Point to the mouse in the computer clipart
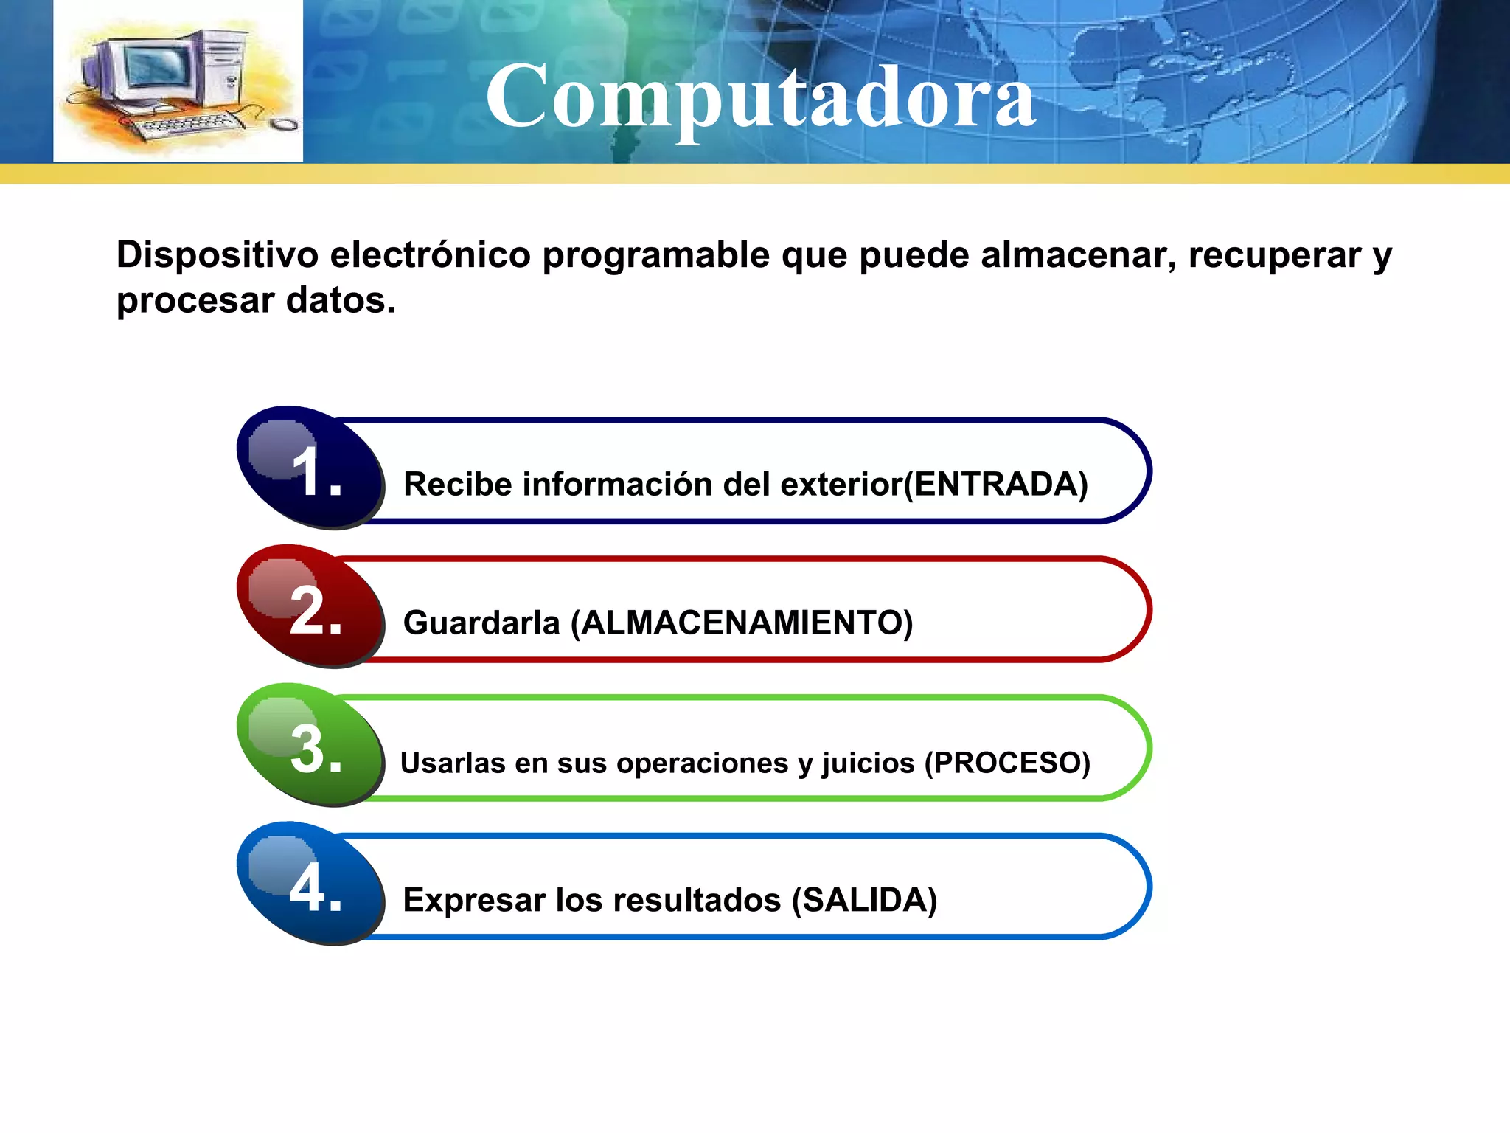[x=284, y=124]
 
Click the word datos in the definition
[x=341, y=300]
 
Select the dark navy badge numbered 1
[x=310, y=468]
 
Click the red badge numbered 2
[x=310, y=606]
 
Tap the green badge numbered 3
[x=310, y=745]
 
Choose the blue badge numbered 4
[x=310, y=884]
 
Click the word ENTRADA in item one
[x=996, y=485]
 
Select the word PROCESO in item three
[x=1007, y=763]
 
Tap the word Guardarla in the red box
[x=481, y=623]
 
